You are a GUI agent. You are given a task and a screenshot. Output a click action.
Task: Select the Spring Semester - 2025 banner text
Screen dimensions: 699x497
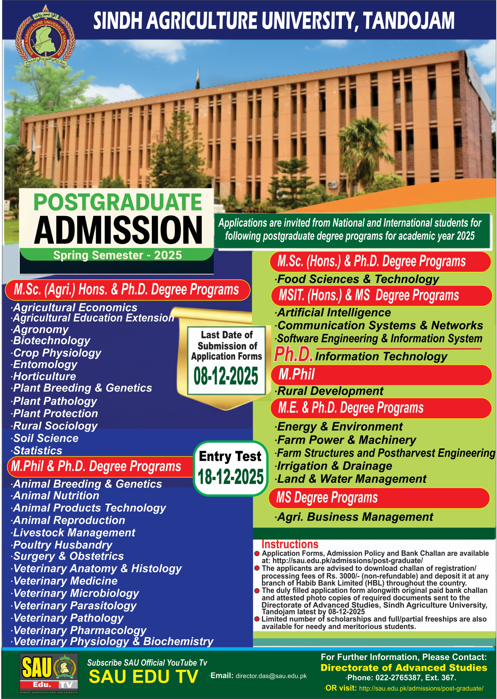[117, 255]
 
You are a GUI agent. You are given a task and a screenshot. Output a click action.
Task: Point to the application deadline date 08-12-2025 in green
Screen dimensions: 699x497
[226, 376]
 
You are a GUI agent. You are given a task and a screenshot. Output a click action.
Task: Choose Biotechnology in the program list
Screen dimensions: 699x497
[51, 340]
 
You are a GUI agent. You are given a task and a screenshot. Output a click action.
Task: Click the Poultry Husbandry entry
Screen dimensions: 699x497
[63, 545]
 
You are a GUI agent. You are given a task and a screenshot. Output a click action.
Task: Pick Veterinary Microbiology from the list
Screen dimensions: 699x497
[76, 593]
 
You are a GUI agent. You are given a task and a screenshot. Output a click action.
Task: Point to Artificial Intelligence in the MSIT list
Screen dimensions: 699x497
[334, 312]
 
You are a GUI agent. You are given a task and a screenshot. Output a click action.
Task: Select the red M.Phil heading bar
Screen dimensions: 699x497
[381, 375]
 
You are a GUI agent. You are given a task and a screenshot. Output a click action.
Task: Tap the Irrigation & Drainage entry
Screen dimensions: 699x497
[335, 466]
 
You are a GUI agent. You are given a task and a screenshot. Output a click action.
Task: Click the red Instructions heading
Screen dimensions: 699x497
[290, 544]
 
